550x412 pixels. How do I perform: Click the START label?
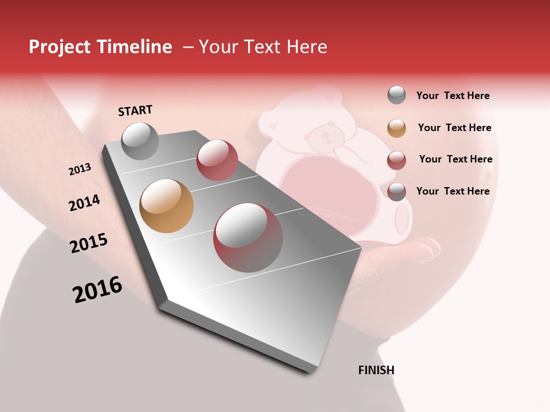[x=135, y=110]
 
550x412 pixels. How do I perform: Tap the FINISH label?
[x=376, y=370]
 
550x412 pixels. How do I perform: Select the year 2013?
[x=80, y=169]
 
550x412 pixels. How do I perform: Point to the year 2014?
[x=84, y=203]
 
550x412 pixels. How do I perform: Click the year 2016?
[x=97, y=289]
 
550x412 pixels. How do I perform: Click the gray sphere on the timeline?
[x=140, y=141]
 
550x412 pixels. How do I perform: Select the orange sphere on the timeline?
[x=166, y=206]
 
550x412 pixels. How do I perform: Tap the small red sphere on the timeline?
[x=217, y=160]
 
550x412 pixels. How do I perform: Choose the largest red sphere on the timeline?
[x=248, y=237]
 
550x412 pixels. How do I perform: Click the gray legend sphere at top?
[x=396, y=95]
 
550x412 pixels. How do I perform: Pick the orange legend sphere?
[x=396, y=128]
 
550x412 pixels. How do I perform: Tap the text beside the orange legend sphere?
[x=455, y=128]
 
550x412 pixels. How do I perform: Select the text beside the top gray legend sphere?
[x=453, y=96]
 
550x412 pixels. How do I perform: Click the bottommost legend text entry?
[x=453, y=191]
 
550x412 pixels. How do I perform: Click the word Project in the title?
[x=60, y=47]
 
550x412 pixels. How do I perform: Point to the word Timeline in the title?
[x=135, y=47]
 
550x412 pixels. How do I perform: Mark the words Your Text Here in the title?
[x=263, y=47]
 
